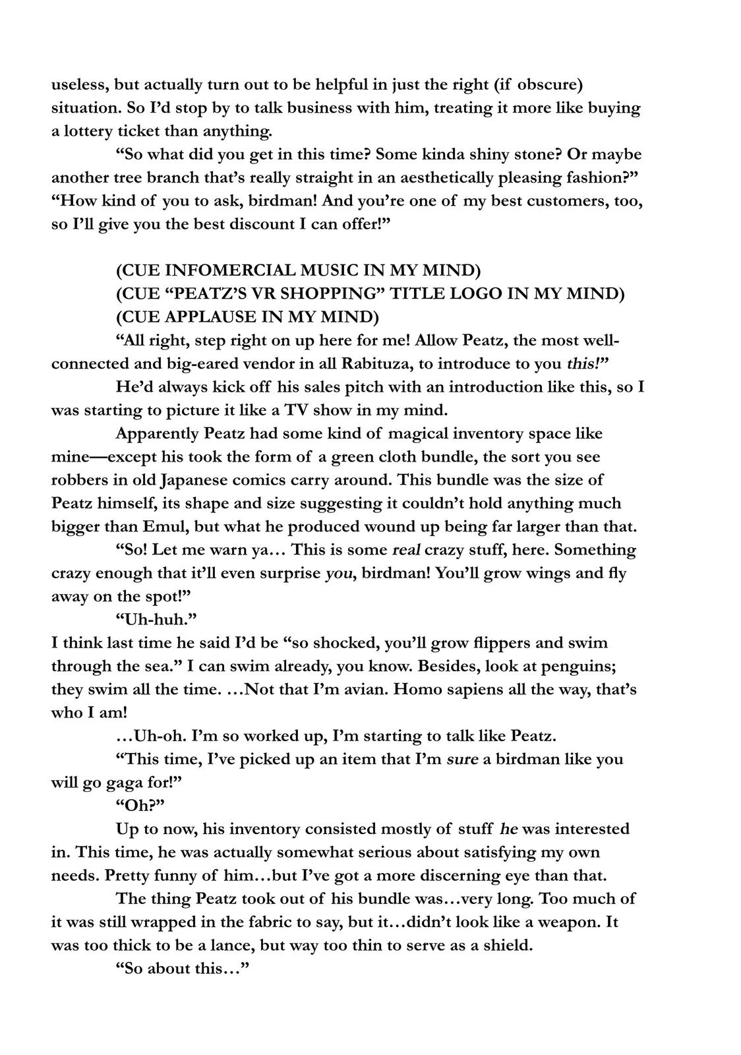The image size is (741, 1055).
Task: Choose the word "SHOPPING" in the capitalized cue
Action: pyautogui.click(x=369, y=293)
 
